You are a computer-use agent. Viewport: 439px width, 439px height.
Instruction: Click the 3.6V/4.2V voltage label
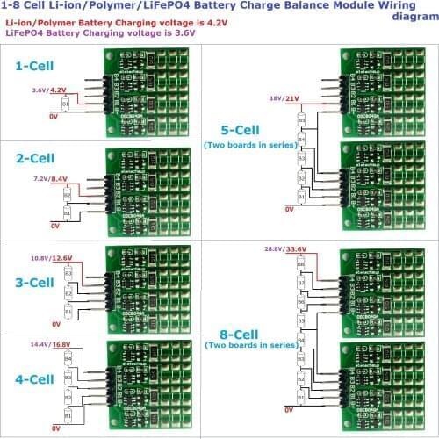click(49, 90)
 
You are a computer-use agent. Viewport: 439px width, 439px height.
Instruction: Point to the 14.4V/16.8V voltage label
click(49, 345)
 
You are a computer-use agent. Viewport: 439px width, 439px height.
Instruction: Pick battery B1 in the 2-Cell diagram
click(68, 212)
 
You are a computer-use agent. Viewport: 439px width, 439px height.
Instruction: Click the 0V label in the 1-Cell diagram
click(54, 115)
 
